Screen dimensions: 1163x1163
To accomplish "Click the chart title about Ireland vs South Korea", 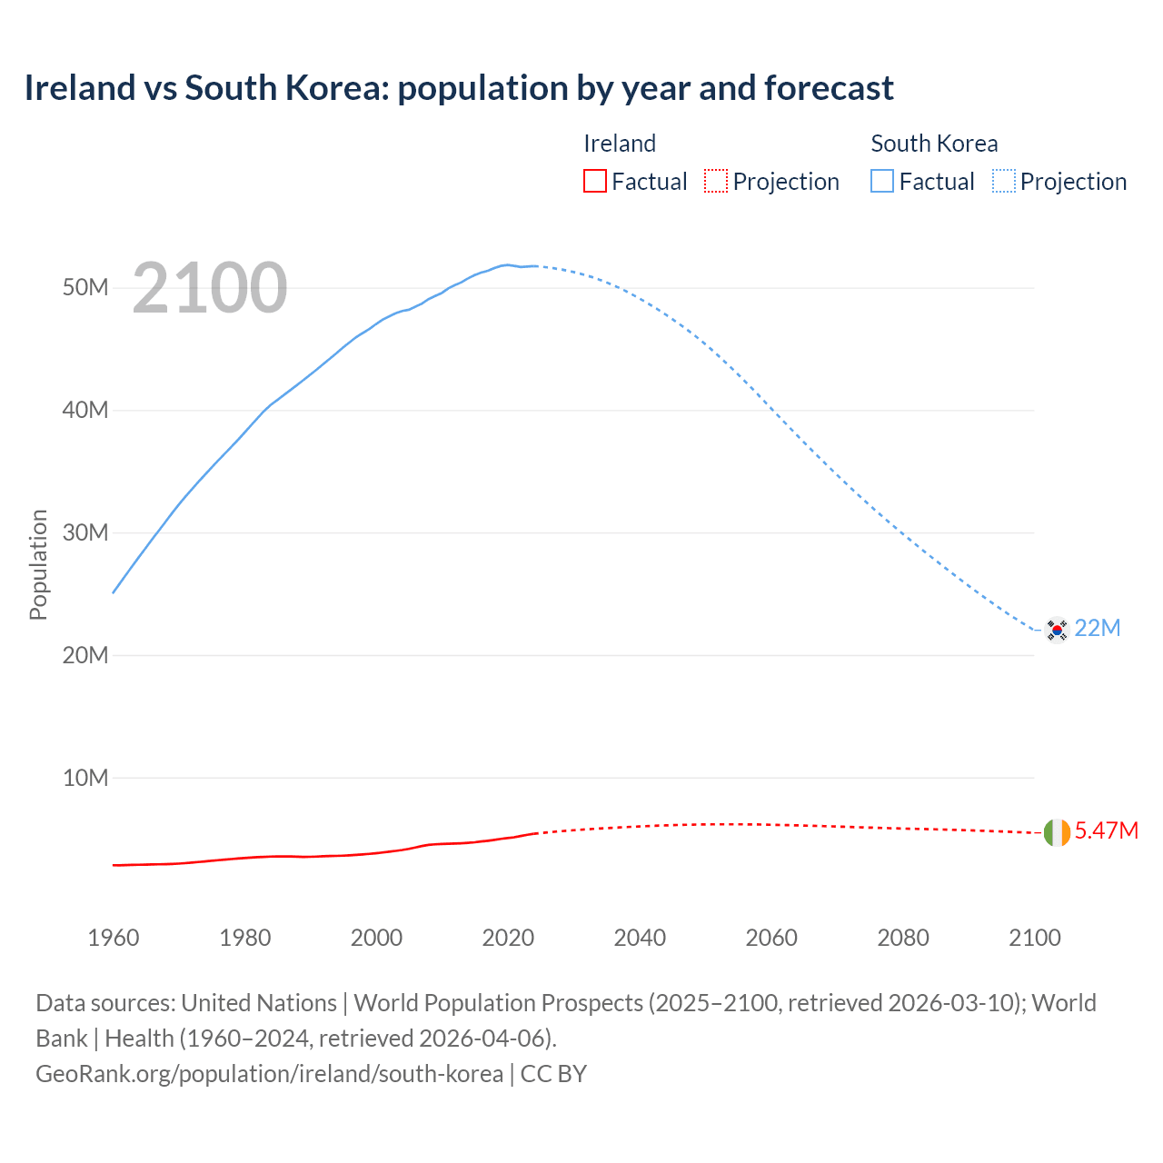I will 459,88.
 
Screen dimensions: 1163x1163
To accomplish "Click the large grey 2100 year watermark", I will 210,288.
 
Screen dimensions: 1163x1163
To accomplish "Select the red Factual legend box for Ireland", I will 594,181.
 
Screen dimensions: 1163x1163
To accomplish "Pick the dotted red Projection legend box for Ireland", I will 716,181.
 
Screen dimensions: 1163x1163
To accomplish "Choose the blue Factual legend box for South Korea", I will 882,181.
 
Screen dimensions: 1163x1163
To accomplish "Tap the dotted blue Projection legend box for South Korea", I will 1004,181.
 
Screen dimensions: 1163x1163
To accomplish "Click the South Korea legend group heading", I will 934,144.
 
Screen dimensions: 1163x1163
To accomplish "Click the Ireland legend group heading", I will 620,144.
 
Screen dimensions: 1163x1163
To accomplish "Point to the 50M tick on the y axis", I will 85,288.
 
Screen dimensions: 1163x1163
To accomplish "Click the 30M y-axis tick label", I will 85,532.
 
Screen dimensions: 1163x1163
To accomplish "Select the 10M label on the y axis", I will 85,778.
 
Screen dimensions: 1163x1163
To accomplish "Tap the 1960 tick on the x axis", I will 114,938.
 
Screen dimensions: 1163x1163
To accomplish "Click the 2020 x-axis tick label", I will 508,938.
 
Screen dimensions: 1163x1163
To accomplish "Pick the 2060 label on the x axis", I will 771,938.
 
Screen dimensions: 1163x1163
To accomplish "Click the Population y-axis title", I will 38,564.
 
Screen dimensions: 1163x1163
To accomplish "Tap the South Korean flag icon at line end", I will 1057,629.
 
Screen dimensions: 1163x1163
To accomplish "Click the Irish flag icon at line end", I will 1057,831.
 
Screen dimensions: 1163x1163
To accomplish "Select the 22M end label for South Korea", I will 1098,629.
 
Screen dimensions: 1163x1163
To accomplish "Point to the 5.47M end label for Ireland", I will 1107,831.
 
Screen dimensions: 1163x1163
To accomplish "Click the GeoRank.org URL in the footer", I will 269,1074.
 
